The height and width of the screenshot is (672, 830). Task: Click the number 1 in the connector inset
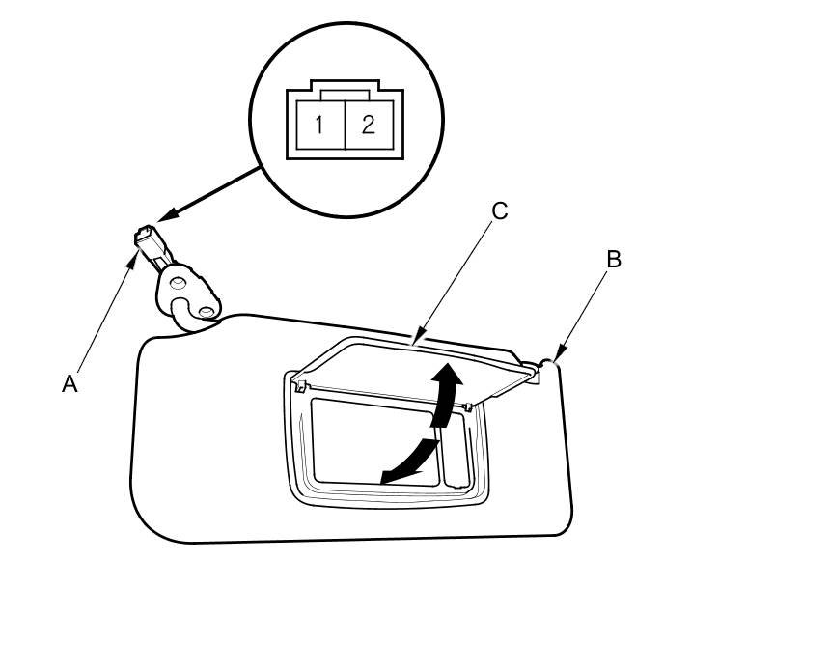click(x=319, y=125)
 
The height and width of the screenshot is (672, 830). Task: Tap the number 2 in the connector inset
click(x=368, y=125)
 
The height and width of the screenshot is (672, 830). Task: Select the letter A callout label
click(x=69, y=383)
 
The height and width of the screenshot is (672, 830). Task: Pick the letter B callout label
click(x=614, y=259)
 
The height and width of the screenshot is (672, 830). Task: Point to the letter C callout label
click(x=499, y=210)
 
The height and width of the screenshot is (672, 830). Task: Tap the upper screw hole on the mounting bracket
click(x=177, y=281)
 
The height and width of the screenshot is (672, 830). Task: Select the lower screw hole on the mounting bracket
click(x=206, y=311)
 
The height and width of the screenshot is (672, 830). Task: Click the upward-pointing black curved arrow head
click(x=446, y=375)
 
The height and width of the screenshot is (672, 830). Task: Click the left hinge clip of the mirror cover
click(x=300, y=387)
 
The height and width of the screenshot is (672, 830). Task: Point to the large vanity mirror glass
click(x=372, y=439)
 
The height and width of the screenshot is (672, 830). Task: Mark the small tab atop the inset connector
click(x=344, y=94)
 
